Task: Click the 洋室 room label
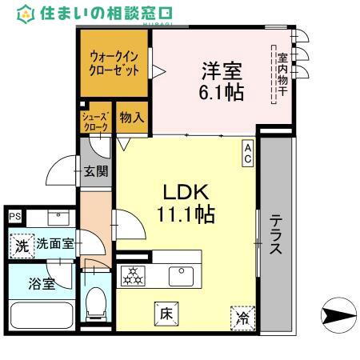(216, 70)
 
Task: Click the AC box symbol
(249, 152)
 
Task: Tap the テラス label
(275, 235)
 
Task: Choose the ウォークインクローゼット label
(117, 63)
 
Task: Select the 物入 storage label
(132, 118)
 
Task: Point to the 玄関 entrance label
(97, 170)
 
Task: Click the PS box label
(14, 216)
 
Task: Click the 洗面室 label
(55, 245)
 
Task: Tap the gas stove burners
(132, 276)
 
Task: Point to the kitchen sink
(181, 276)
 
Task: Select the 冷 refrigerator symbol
(242, 318)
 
